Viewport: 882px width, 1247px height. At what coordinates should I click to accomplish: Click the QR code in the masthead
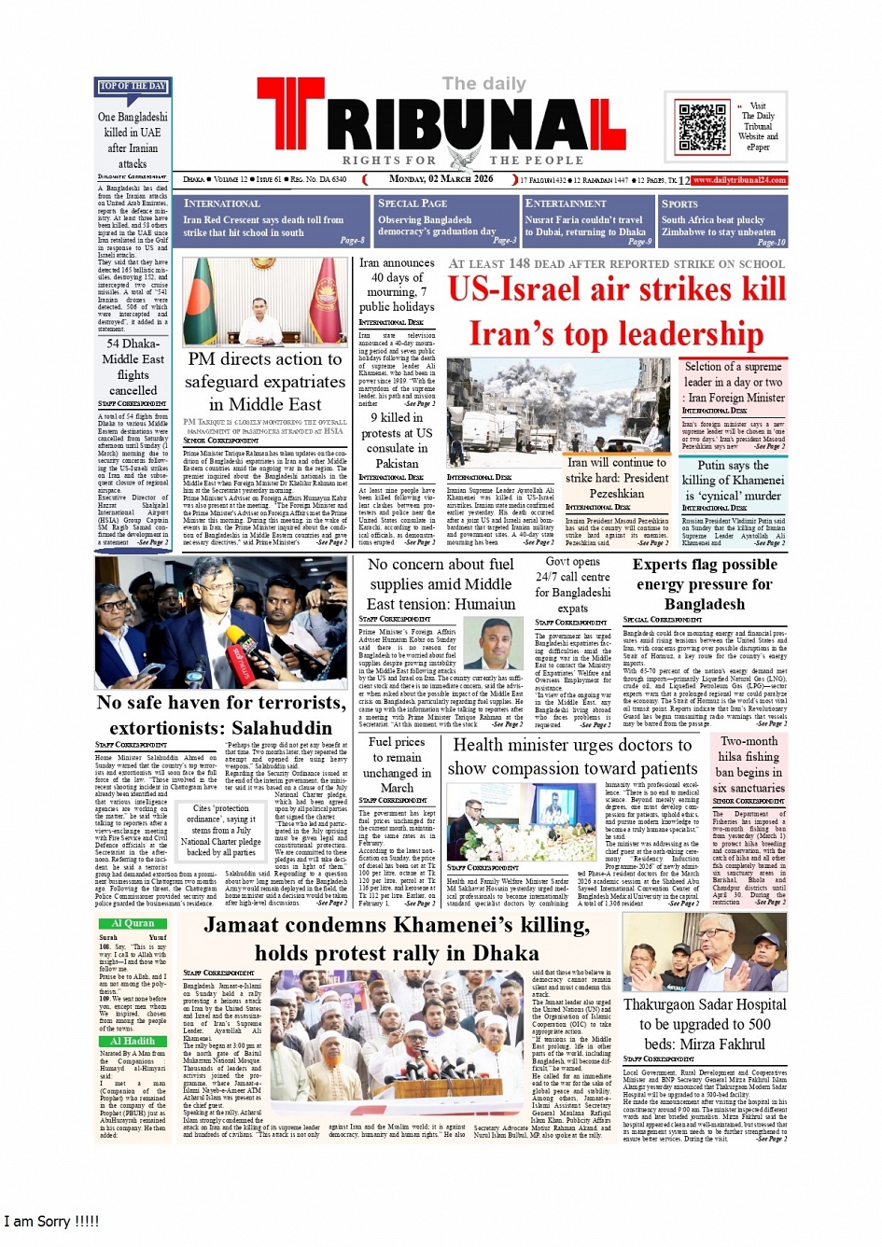(702, 128)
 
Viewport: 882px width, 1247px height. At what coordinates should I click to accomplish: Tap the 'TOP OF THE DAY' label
(133, 87)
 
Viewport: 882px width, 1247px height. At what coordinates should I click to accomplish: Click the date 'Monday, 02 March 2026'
(441, 179)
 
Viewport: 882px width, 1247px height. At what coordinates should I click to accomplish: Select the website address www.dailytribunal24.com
(739, 180)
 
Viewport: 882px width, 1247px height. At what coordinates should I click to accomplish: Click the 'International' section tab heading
(222, 203)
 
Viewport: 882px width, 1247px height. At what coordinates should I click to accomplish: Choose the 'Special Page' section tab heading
(413, 203)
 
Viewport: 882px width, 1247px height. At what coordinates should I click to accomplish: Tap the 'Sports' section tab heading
(679, 203)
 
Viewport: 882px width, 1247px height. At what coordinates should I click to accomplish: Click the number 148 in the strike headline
(519, 264)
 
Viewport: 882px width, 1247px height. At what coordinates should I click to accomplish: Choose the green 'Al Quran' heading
(133, 923)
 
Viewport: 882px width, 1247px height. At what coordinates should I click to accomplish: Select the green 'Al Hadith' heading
(133, 1041)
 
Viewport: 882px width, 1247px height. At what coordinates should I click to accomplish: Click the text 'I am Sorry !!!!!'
(51, 1221)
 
